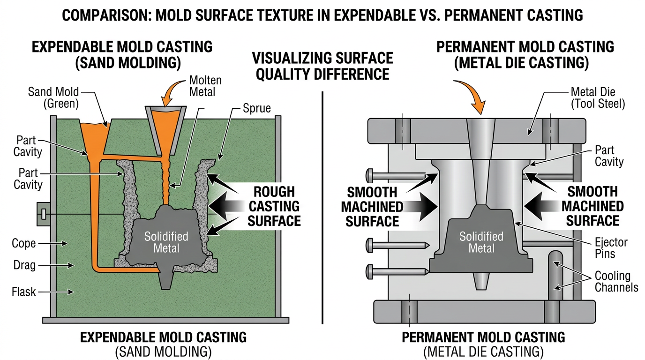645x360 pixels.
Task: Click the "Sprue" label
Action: pyautogui.click(x=256, y=108)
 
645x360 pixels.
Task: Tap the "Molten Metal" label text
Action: pyautogui.click(x=205, y=86)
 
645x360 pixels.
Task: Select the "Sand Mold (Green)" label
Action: pyautogui.click(x=54, y=97)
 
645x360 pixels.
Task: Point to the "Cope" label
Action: pyautogui.click(x=23, y=243)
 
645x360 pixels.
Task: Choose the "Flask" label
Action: pyautogui.click(x=23, y=292)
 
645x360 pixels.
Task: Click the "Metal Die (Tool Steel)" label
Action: pyautogui.click(x=598, y=97)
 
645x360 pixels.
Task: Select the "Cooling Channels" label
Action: pyautogui.click(x=616, y=281)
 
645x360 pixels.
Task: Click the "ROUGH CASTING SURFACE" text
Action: pyautogui.click(x=274, y=206)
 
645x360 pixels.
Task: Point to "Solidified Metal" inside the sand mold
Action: pyautogui.click(x=166, y=242)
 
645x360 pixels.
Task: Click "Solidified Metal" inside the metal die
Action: pyautogui.click(x=481, y=242)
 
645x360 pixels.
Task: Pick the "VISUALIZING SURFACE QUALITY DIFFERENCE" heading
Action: pyautogui.click(x=322, y=66)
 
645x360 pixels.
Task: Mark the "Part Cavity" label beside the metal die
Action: pyautogui.click(x=609, y=156)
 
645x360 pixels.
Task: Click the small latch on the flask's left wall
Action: pyautogui.click(x=43, y=214)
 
